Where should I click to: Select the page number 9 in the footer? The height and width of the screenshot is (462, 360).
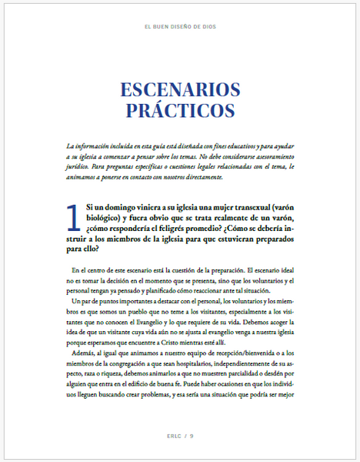pos(191,435)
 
